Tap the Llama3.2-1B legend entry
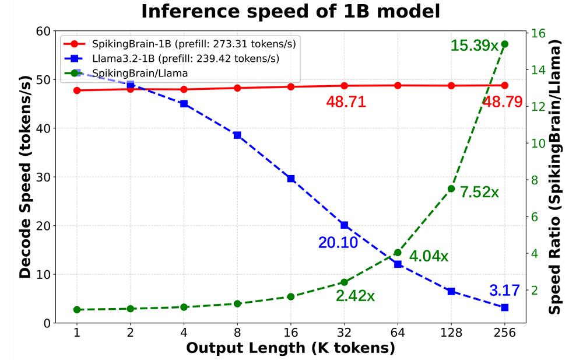point(181,58)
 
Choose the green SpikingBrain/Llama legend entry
point(140,73)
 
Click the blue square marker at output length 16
point(291,179)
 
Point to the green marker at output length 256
point(505,44)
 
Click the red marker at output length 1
point(77,90)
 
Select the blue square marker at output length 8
point(237,135)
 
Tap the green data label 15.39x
point(474,45)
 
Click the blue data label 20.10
point(338,243)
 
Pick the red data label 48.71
point(346,102)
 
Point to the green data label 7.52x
point(479,192)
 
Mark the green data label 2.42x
point(355,296)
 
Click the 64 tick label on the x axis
point(398,333)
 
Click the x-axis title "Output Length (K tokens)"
point(290,348)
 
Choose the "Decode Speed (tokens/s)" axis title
point(25,175)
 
